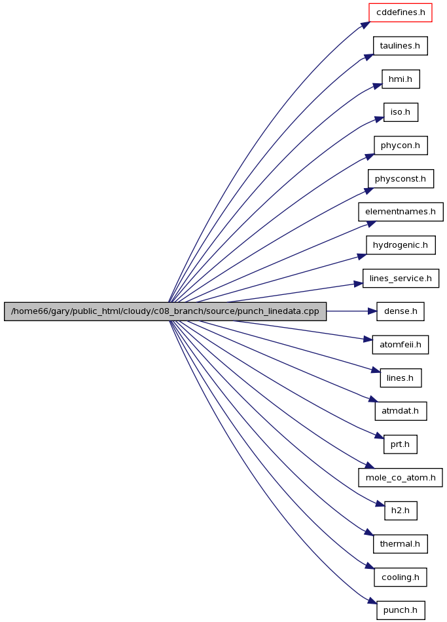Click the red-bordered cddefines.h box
pos(401,12)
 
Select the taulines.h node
pos(401,46)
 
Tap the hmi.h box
pos(401,79)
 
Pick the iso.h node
pos(401,112)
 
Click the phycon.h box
pos(401,146)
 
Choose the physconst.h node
pos(401,179)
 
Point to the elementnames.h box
pos(401,212)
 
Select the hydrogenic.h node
pos(401,245)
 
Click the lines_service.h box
pos(401,279)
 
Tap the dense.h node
pos(401,311)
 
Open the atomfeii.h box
pos(401,345)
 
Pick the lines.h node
pos(401,378)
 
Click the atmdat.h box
pos(401,411)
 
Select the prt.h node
pos(401,444)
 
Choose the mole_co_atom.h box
pos(401,478)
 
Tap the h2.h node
pos(401,511)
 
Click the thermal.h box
pos(401,544)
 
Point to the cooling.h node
pos(401,577)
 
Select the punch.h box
pos(401,610)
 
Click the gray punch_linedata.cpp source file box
pos(165,311)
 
